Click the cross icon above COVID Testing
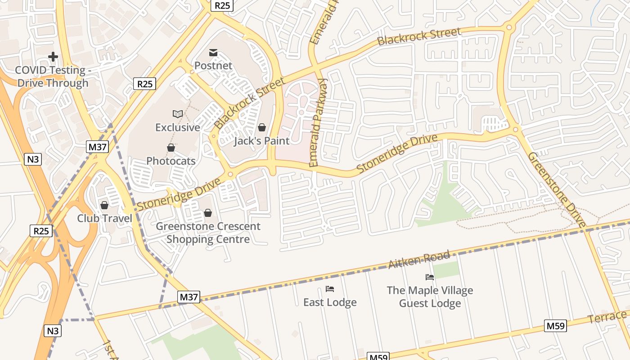[x=53, y=57]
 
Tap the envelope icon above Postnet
[x=213, y=53]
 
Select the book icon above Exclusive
[x=178, y=114]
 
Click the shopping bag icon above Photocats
[x=171, y=148]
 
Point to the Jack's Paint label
[x=261, y=141]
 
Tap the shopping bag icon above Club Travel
[x=104, y=205]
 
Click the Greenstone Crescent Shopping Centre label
[x=208, y=233]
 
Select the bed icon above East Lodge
[x=330, y=289]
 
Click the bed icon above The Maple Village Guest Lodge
[x=430, y=277]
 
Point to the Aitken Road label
[x=419, y=260]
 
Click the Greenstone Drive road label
[x=557, y=189]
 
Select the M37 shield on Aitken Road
[x=189, y=297]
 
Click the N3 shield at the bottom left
[x=53, y=331]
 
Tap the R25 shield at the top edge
[x=222, y=5]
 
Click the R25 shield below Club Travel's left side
[x=41, y=231]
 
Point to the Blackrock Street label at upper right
[x=419, y=36]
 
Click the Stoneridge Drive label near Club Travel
[x=179, y=194]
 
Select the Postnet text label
[x=213, y=66]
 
